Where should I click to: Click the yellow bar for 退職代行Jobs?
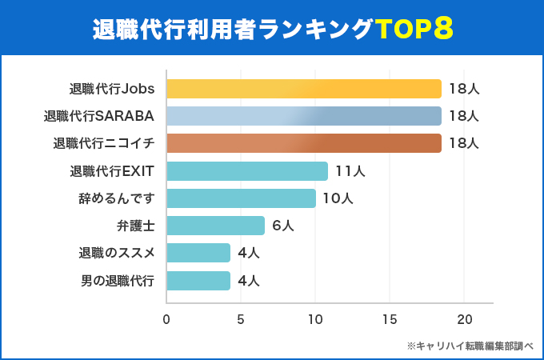pos(304,89)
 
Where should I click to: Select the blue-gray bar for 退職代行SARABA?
pos(304,116)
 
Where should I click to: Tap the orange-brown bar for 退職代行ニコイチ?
pos(304,143)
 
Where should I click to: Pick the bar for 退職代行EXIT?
pos(247,171)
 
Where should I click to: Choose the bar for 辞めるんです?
pos(241,198)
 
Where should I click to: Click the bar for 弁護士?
pos(215,226)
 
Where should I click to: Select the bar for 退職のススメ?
pos(198,253)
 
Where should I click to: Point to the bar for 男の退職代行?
pos(198,281)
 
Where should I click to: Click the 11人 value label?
pos(350,171)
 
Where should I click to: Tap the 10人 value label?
pos(338,198)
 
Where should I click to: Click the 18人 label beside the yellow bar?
pos(463,89)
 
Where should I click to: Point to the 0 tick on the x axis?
pos(166,319)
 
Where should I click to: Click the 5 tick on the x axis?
pos(241,319)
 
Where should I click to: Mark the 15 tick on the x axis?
pos(390,319)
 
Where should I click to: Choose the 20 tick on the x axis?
pos(464,319)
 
